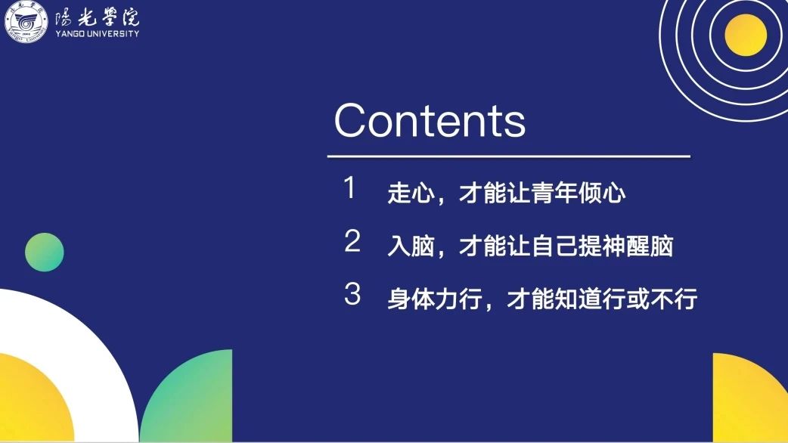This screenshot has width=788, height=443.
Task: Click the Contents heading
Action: click(430, 120)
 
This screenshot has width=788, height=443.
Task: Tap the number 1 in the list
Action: click(350, 187)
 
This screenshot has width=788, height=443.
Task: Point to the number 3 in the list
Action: click(352, 294)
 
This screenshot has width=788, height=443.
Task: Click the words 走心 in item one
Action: click(411, 193)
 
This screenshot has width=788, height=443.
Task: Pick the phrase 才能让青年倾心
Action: click(541, 193)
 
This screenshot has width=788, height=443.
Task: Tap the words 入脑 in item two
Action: click(411, 246)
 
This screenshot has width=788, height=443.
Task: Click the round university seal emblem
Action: click(26, 22)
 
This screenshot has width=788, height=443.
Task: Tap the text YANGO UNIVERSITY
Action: click(97, 34)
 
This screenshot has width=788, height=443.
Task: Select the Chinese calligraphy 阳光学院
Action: click(97, 17)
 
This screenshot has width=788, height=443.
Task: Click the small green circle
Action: click(44, 252)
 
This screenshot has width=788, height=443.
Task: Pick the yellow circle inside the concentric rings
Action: click(746, 35)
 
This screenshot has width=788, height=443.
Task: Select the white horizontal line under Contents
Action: click(509, 156)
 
